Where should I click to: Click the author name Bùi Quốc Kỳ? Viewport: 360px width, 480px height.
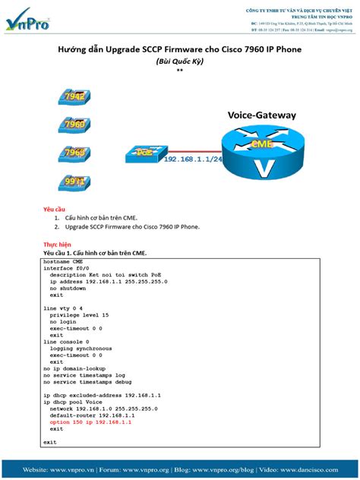pyautogui.click(x=179, y=62)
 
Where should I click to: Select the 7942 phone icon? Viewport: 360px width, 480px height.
pyautogui.click(x=74, y=97)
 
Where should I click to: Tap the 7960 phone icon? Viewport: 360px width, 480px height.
pyautogui.click(x=74, y=124)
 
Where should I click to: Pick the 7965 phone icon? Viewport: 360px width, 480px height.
pyautogui.click(x=74, y=152)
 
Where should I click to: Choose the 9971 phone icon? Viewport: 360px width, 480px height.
pyautogui.click(x=74, y=182)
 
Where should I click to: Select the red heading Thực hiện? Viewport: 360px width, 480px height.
pyautogui.click(x=57, y=245)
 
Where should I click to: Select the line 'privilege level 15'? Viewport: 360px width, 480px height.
pyautogui.click(x=79, y=314)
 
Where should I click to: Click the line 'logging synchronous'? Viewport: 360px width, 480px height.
pyautogui.click(x=81, y=348)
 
